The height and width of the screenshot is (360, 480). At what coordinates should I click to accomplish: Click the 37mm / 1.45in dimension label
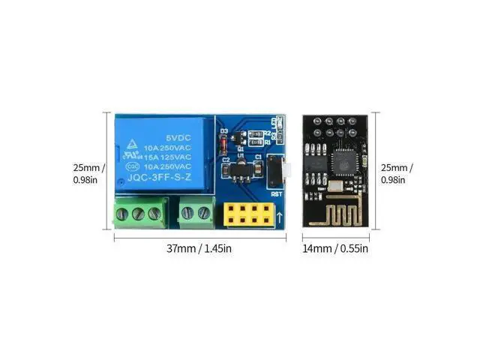pos(199,248)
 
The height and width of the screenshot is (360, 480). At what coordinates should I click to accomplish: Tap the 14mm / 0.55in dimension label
pos(334,248)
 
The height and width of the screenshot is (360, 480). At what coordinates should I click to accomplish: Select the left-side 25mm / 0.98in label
pos(90,173)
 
